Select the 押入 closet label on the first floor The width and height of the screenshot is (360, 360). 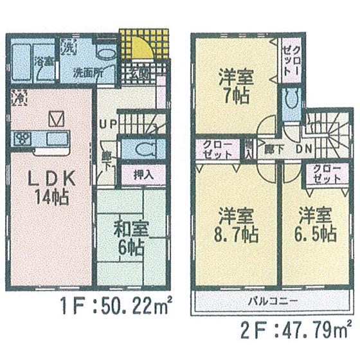(143, 174)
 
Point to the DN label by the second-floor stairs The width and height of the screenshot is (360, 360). (304, 148)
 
